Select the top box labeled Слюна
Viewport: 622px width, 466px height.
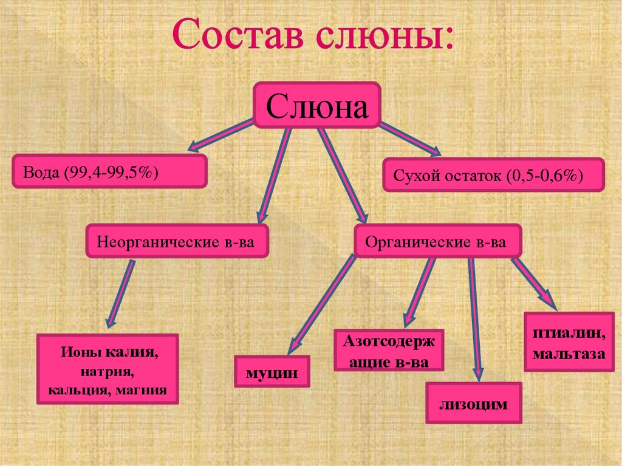click(x=317, y=105)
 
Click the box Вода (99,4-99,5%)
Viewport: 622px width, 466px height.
click(x=109, y=171)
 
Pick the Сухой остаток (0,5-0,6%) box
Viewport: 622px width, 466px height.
click(x=493, y=174)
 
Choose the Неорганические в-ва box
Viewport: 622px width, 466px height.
click(x=177, y=241)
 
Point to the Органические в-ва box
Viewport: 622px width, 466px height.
click(x=438, y=241)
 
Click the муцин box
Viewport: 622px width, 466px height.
click(x=272, y=371)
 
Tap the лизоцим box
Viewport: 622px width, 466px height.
click(x=474, y=403)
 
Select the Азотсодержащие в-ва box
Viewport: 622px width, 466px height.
click(x=389, y=351)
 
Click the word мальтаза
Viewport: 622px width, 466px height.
click(x=569, y=354)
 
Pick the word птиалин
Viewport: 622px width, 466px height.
click(x=569, y=332)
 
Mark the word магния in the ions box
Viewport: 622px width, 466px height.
click(x=142, y=390)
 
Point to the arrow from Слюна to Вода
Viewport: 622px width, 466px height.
click(x=220, y=135)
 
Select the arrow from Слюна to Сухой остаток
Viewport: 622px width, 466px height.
click(x=410, y=139)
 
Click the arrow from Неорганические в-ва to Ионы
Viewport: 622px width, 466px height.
click(x=120, y=293)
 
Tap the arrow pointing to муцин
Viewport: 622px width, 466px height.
click(x=321, y=304)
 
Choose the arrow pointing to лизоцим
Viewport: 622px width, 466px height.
click(x=475, y=320)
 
